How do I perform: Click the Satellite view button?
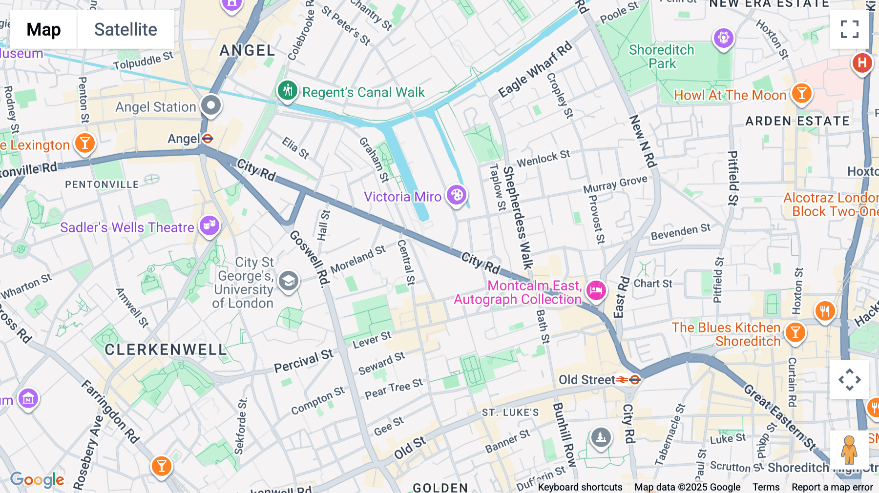coord(126,29)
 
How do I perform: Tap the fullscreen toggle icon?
coord(849,29)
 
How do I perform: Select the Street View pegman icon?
coord(849,450)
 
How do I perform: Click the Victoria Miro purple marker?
coord(457,195)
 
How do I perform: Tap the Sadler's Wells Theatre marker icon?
coord(209,226)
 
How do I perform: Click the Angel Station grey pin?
coord(211,105)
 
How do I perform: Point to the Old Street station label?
coord(586,380)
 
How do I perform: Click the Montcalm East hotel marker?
coord(596,290)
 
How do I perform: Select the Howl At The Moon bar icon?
coord(801,93)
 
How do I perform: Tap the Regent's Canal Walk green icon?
coord(288,91)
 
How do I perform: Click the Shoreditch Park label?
coord(662,57)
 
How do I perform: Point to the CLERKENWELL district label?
coord(166,349)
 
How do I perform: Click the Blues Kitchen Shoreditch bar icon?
coord(795,333)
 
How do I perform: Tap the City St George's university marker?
coord(289,281)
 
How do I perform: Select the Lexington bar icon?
coord(84,144)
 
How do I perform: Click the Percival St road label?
coord(303,361)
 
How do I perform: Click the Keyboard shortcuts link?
coord(580,487)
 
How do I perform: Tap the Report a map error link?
coord(832,487)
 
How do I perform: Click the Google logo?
coord(37,479)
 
